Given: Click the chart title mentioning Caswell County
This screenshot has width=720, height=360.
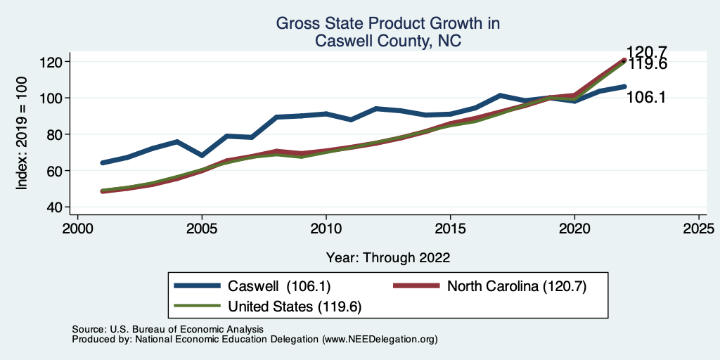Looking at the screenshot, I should pos(388,32).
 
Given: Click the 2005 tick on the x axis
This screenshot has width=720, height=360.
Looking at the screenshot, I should pos(202,229).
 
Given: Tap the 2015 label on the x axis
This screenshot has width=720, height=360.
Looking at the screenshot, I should pos(450,229).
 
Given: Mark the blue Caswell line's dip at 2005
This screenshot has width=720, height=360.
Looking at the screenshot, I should pos(202,155).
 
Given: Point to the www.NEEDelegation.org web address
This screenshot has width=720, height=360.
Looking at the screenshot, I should pos(380,339).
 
